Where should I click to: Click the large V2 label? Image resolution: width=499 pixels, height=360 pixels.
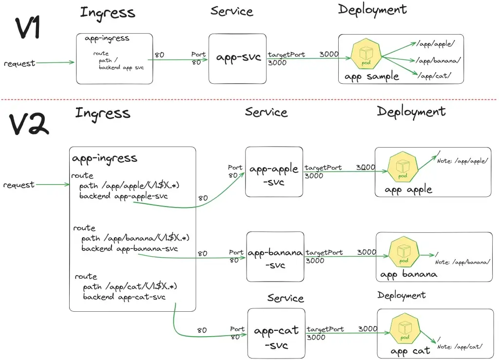[x=29, y=125]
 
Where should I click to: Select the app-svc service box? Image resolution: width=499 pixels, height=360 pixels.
[x=237, y=59]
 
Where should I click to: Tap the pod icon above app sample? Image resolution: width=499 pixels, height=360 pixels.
[x=366, y=54]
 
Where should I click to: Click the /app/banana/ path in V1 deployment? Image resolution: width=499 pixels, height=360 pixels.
[x=438, y=60]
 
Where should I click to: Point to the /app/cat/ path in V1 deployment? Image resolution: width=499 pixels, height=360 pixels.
[x=434, y=76]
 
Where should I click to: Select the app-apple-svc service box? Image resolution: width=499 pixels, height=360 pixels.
[x=274, y=172]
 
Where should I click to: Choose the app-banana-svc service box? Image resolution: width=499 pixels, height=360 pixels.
[x=275, y=257]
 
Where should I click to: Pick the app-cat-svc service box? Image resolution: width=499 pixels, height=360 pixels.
[x=276, y=333]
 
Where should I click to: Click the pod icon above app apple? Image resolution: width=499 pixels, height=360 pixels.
[x=403, y=167]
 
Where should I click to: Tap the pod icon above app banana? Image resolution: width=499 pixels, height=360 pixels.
[x=404, y=252]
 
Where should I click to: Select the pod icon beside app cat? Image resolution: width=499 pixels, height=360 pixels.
[x=405, y=329]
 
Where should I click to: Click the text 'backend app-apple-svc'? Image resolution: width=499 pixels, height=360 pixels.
[x=123, y=196]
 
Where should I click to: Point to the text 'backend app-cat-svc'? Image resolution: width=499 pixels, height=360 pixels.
[x=124, y=297]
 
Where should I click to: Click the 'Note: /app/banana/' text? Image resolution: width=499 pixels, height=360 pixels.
[x=462, y=262]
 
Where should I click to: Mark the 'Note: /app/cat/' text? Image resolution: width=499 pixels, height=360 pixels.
[x=460, y=347]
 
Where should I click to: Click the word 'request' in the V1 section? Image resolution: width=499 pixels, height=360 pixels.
[x=19, y=63]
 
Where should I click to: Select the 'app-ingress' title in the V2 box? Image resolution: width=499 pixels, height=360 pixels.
[x=104, y=158]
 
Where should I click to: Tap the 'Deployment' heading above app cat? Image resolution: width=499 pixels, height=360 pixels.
[x=402, y=296]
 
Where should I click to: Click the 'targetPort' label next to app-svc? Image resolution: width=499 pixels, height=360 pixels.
[x=287, y=55]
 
